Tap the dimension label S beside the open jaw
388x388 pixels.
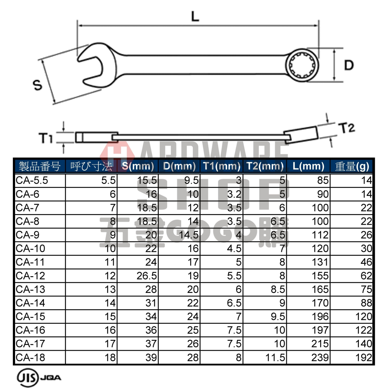tap(37, 85)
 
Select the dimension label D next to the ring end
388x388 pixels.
tap(349, 65)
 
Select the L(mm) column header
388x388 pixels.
tap(308, 166)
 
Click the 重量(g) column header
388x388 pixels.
tap(352, 166)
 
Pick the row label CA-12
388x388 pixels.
tap(31, 276)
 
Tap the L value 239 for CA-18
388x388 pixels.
tap(320, 357)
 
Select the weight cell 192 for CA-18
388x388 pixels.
tap(364, 357)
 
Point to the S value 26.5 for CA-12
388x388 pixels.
tap(146, 276)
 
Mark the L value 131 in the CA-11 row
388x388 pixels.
tap(320, 262)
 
